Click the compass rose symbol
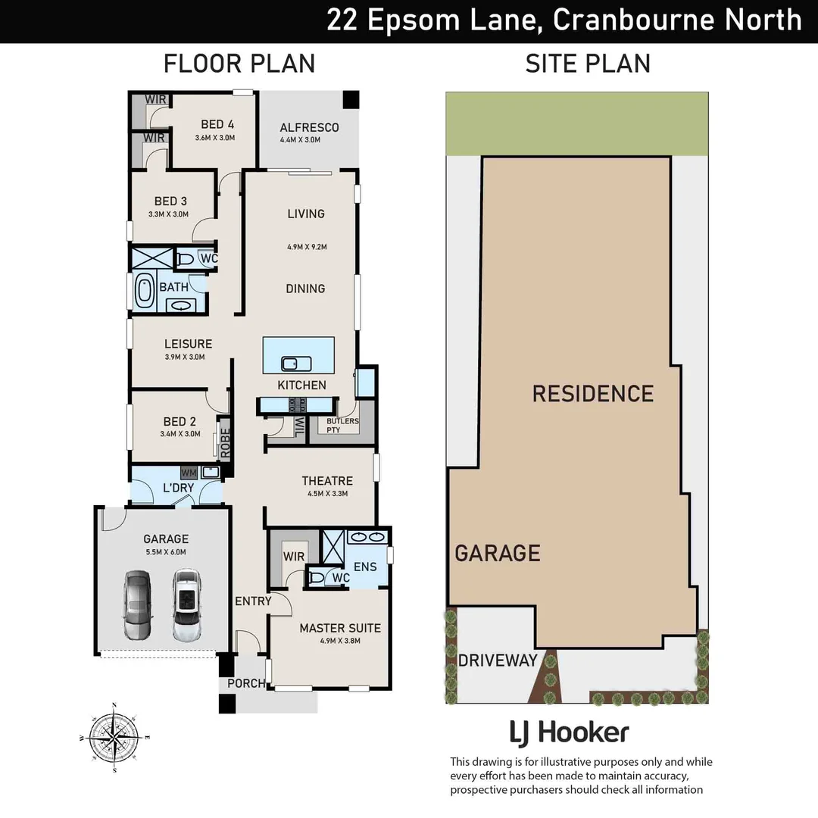(x=114, y=736)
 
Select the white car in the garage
(x=186, y=605)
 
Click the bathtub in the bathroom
(x=144, y=291)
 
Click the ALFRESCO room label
(x=309, y=127)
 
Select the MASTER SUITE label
(x=340, y=628)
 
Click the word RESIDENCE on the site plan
(x=592, y=393)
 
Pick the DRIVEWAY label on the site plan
(x=497, y=660)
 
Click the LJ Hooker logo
(x=568, y=732)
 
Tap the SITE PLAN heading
(x=588, y=64)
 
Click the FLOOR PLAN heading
(x=239, y=64)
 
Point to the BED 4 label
(x=217, y=124)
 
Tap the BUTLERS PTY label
(x=342, y=425)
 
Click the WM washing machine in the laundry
(x=189, y=472)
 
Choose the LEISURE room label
(x=188, y=344)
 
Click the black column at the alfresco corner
(x=350, y=100)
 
